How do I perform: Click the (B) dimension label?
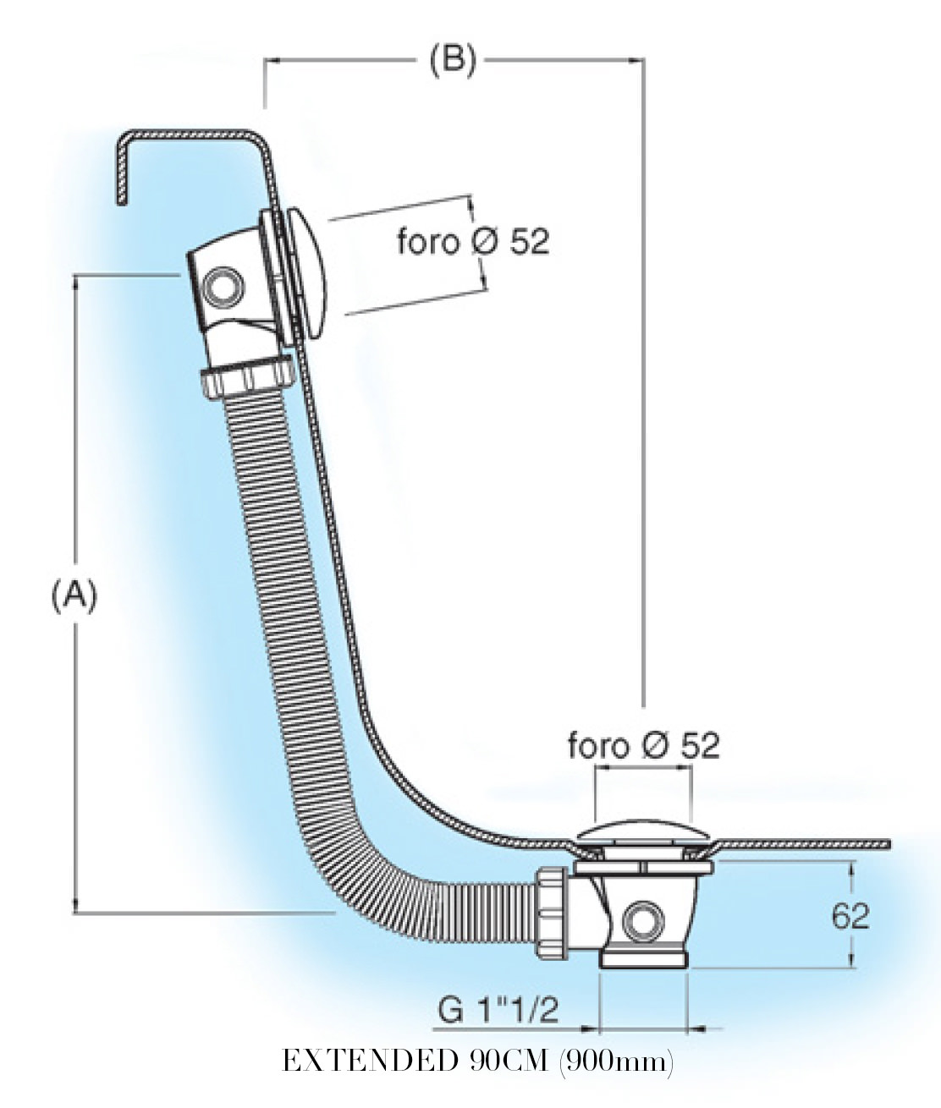click(453, 60)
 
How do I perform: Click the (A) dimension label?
click(74, 595)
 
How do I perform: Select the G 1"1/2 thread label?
click(498, 1012)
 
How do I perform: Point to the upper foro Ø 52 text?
click(473, 242)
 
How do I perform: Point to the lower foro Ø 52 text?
click(643, 746)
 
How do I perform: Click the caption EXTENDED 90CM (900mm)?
click(477, 1061)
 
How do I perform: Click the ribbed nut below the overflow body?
click(248, 377)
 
